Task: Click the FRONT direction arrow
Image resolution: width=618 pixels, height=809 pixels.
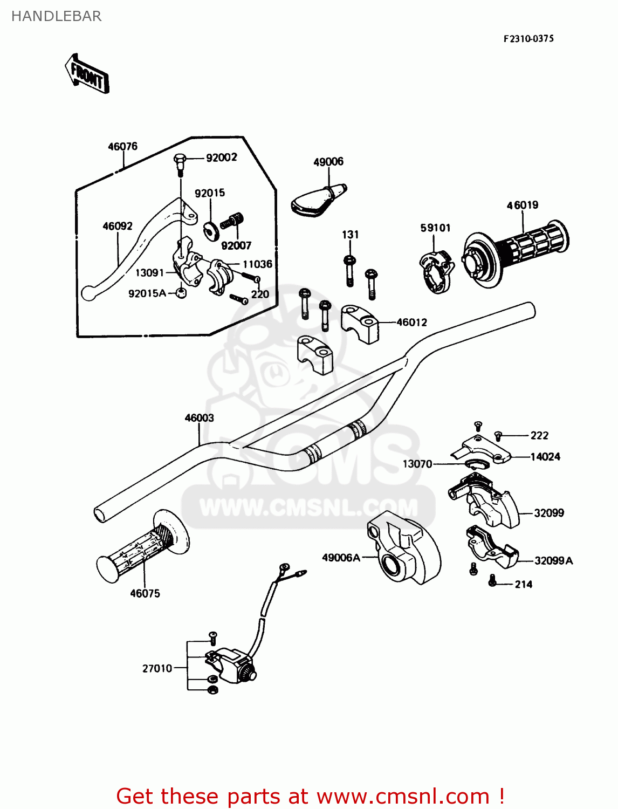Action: click(87, 74)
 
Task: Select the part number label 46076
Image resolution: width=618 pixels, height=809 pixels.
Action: click(122, 146)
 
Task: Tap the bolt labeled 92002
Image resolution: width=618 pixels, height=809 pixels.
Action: click(180, 161)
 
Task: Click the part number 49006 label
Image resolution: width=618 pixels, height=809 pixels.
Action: click(328, 161)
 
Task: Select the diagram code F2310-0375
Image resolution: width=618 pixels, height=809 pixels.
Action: click(528, 39)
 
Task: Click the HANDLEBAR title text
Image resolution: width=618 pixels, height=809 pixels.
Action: click(56, 16)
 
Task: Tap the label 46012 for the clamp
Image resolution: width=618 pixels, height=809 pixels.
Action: click(411, 323)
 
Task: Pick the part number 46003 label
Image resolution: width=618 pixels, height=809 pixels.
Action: click(199, 418)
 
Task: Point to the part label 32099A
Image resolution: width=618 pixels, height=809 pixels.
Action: click(553, 561)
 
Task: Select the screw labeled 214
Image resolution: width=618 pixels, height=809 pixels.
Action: click(492, 581)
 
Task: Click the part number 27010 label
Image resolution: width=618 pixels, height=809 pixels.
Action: click(157, 668)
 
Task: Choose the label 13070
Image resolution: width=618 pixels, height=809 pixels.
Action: click(417, 464)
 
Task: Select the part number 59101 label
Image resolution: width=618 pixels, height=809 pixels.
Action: click(435, 228)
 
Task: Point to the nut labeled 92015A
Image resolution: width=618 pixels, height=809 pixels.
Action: click(181, 293)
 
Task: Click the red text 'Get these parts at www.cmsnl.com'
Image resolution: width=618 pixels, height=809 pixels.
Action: click(310, 796)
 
